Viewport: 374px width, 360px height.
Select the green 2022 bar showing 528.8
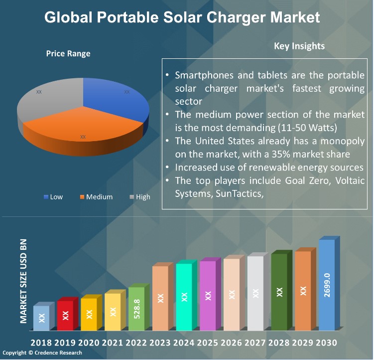click(x=137, y=309)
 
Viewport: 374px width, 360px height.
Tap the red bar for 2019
click(x=65, y=315)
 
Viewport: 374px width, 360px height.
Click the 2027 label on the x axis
click(x=255, y=343)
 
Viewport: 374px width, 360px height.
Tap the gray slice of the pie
click(x=47, y=100)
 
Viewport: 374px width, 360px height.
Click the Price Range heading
click(x=68, y=54)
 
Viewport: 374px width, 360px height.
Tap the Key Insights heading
click(x=299, y=46)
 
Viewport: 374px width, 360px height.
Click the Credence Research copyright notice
click(x=42, y=353)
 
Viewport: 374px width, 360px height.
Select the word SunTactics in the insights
click(x=237, y=193)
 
